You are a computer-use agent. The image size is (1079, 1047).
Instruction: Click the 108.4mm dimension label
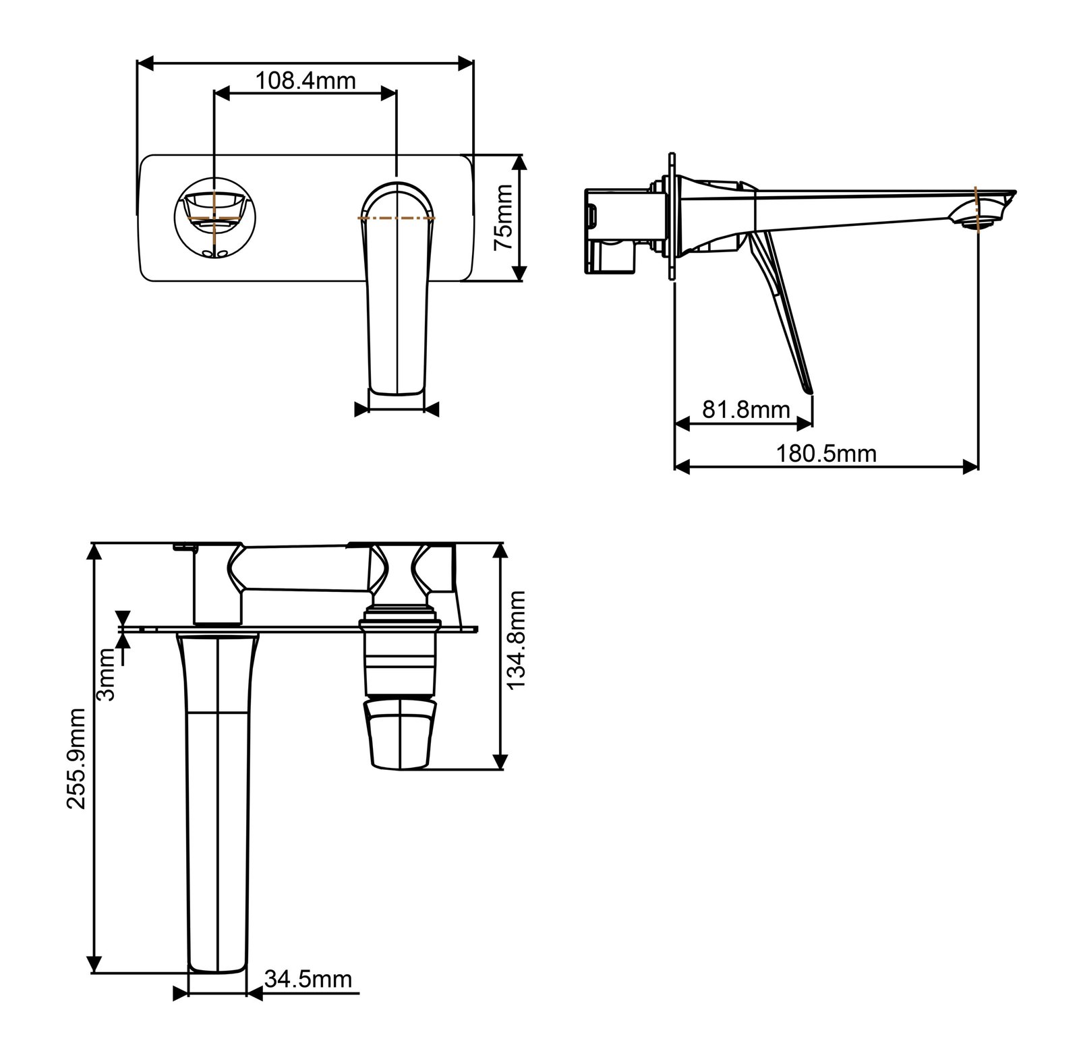click(305, 81)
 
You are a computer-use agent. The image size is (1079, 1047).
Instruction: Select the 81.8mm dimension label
click(746, 409)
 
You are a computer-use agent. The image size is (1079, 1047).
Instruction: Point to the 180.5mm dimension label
click(826, 453)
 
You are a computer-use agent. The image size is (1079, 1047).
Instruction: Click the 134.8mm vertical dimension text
click(516, 639)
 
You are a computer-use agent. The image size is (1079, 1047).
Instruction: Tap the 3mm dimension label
click(108, 674)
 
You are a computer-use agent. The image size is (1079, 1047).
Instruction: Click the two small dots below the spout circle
click(214, 253)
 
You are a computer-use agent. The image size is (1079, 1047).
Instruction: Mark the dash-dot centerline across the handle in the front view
click(396, 218)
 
